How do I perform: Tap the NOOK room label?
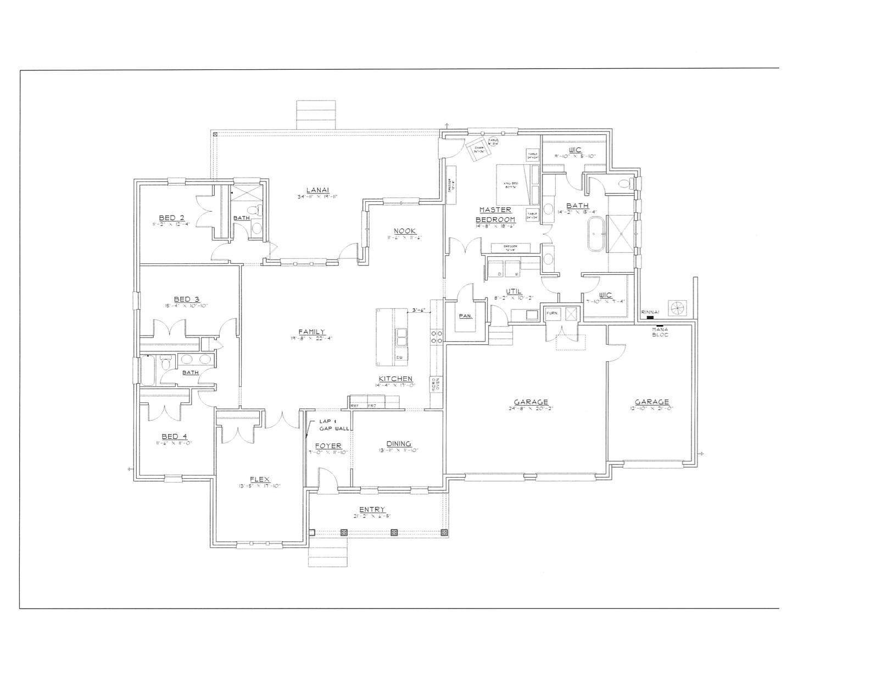(404, 231)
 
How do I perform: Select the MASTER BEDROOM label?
(495, 214)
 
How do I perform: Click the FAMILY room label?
(311, 332)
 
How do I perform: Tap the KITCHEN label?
(395, 379)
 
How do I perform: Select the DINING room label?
(399, 444)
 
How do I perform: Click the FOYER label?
(328, 446)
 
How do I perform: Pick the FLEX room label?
(259, 479)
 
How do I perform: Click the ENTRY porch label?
(372, 510)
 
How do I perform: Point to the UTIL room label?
(514, 291)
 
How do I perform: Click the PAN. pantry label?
(466, 316)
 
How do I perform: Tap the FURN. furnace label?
(551, 313)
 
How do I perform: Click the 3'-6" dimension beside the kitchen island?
(419, 311)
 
